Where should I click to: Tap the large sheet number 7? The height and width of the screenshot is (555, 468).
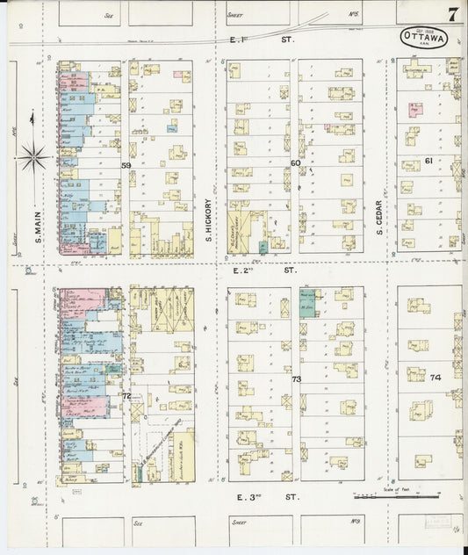tap(450, 13)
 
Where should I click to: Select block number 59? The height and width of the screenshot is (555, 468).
tap(126, 164)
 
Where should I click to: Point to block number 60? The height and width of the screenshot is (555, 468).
tap(295, 163)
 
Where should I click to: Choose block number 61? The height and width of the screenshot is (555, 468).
tap(428, 161)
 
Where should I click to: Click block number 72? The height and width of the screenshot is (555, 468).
tap(126, 396)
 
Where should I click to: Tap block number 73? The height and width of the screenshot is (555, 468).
tap(296, 379)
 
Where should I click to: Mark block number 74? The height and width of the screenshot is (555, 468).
tap(435, 377)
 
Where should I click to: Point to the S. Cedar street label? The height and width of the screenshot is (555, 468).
tap(380, 220)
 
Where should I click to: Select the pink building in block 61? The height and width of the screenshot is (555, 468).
tap(414, 110)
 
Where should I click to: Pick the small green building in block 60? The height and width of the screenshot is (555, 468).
tap(263, 249)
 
